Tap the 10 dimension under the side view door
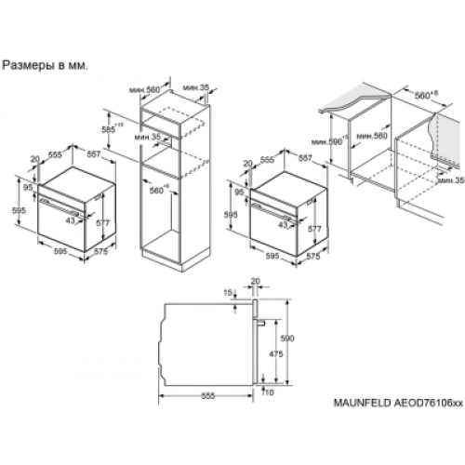click(270, 394)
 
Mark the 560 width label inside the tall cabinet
click(157, 191)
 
